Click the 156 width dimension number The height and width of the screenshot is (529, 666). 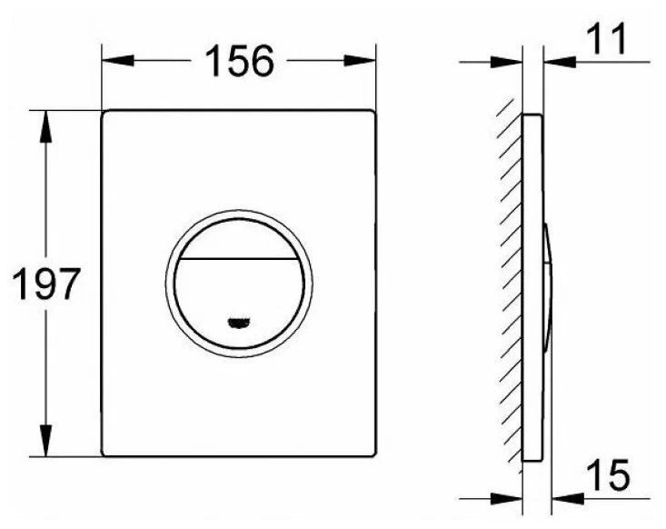pyautogui.click(x=240, y=61)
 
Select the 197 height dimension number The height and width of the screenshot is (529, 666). pyautogui.click(x=46, y=284)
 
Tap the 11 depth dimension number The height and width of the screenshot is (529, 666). pyautogui.click(x=607, y=39)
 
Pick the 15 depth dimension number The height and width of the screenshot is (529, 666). pyautogui.click(x=608, y=474)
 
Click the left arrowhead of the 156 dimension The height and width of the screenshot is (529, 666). pyautogui.click(x=117, y=60)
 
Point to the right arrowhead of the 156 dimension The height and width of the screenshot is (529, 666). pyautogui.click(x=360, y=60)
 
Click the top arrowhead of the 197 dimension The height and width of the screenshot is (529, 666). pyautogui.click(x=45, y=126)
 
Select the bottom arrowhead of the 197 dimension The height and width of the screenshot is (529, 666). pyautogui.click(x=45, y=441)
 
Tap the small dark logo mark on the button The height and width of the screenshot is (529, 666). pyautogui.click(x=239, y=323)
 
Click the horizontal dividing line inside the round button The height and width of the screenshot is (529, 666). pyautogui.click(x=239, y=259)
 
